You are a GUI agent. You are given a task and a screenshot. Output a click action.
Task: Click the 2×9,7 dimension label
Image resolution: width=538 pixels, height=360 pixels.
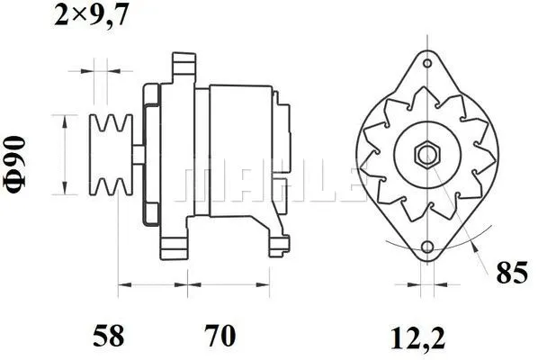pos(90,14)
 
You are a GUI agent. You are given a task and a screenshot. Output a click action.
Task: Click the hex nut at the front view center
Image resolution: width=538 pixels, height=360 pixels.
pos(425,154)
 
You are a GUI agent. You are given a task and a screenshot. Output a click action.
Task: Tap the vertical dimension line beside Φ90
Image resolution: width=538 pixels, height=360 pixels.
pos(64,154)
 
